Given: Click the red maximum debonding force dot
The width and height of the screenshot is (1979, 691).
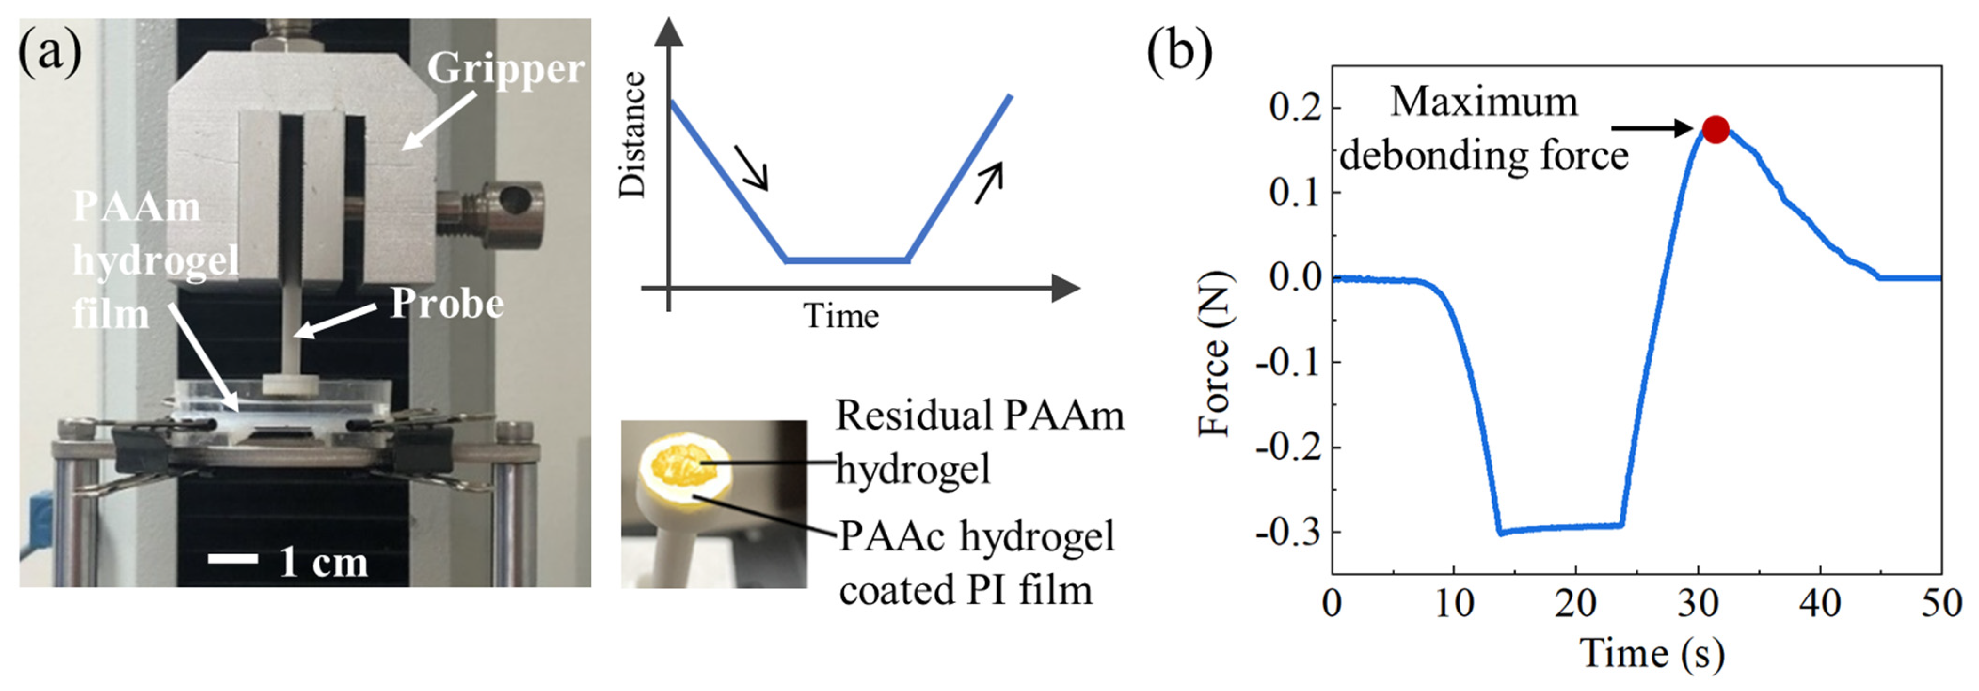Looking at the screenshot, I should click(x=1716, y=129).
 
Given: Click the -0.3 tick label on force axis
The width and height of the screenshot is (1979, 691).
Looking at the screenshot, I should click(x=1288, y=531).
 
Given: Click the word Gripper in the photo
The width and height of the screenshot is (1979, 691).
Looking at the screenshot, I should click(x=505, y=69).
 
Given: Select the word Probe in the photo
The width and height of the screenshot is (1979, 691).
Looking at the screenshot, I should click(x=447, y=304).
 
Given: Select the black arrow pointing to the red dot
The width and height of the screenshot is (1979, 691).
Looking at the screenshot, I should click(x=1652, y=129).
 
